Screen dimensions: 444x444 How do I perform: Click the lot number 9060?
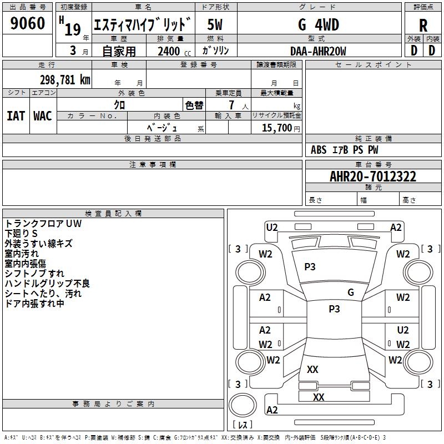27,23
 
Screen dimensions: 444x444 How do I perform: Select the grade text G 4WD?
319,24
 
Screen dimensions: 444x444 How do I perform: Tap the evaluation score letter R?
423,26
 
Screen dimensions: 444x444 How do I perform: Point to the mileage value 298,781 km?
65,80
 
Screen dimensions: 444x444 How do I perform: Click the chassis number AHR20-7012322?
373,176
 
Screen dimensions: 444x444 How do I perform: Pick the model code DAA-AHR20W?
318,51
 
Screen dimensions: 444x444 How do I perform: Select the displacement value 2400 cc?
174,51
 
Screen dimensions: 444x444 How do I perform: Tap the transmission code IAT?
16,116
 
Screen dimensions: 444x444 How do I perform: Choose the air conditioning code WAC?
43,116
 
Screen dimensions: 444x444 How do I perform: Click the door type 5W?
215,24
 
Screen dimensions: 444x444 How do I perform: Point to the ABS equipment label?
319,150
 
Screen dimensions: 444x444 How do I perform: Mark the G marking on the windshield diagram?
351,292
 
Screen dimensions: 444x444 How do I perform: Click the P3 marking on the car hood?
310,267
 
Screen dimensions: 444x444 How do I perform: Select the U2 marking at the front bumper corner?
272,228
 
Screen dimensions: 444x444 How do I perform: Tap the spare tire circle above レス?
243,405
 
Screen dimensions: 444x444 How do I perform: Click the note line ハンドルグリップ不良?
47,284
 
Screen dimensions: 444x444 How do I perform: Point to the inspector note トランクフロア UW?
43,224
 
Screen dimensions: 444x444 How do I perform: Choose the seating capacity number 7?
231,105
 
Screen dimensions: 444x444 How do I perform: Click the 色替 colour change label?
194,105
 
